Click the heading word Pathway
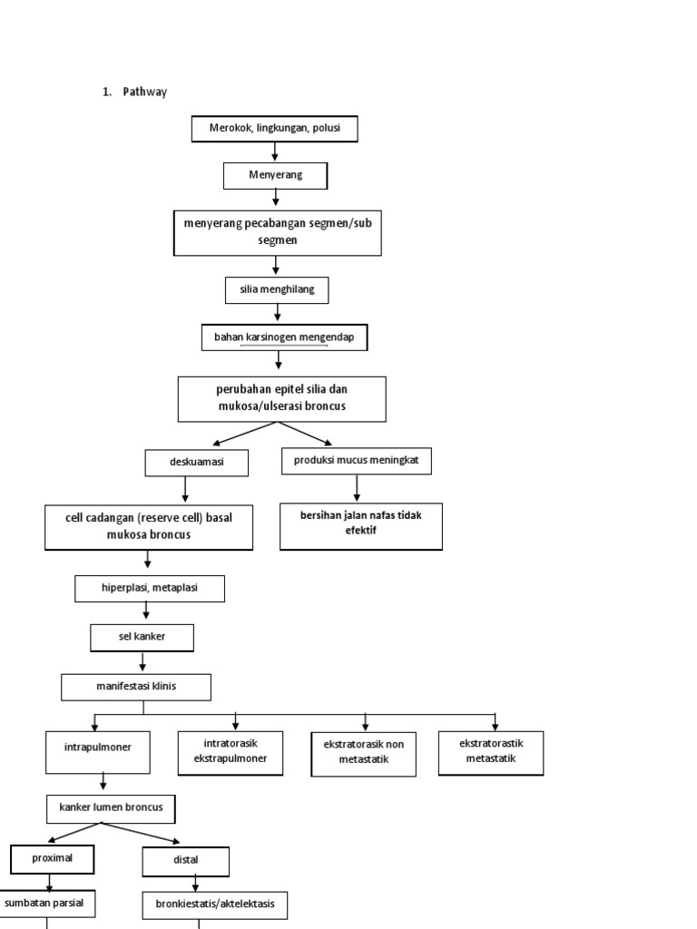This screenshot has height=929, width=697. [x=145, y=92]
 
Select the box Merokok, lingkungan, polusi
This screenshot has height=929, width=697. [x=274, y=130]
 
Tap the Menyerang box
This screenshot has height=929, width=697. [x=276, y=175]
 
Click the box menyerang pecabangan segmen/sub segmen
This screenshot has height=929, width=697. [x=277, y=232]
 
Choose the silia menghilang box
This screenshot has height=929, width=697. [x=277, y=289]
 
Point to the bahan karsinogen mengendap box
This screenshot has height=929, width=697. [x=284, y=337]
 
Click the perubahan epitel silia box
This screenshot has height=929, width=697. [x=281, y=399]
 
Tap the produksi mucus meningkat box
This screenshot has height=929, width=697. [x=356, y=461]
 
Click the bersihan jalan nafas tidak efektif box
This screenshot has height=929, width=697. [x=360, y=526]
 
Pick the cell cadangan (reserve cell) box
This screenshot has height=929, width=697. [x=149, y=527]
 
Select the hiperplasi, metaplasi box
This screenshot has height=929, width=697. [x=150, y=589]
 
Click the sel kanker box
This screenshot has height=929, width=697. [x=142, y=638]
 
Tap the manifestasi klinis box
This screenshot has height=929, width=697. [x=136, y=687]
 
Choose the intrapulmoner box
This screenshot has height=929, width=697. [x=97, y=752]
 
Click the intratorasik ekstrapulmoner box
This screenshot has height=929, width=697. [x=231, y=752]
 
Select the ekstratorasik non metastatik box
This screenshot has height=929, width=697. [x=363, y=752]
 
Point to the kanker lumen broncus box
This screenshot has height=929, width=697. [x=111, y=807]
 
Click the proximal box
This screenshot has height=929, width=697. [x=54, y=858]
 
